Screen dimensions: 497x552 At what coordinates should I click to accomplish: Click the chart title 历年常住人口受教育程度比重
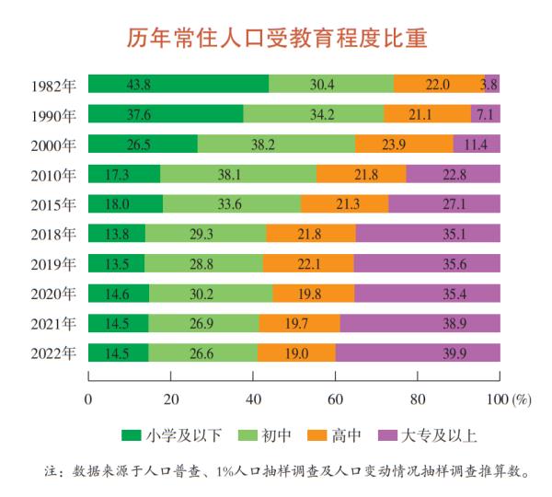[276, 39]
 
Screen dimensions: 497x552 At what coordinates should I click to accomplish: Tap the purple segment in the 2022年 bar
[418, 353]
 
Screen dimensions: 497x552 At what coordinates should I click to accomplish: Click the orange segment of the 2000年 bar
[404, 144]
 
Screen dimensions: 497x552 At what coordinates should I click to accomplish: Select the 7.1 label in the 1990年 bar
[486, 114]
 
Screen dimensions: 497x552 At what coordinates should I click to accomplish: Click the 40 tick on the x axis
[252, 399]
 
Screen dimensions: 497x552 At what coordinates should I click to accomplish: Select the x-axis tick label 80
[417, 399]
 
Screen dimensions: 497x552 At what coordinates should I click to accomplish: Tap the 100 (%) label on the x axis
[509, 399]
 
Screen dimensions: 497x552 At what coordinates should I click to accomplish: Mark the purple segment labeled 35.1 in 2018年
[428, 234]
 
